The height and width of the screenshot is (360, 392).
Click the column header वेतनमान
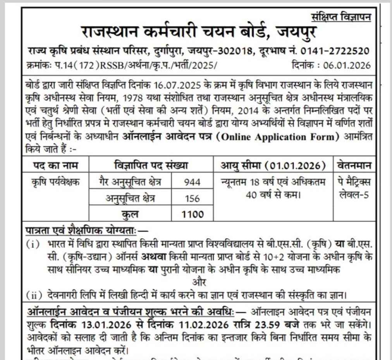(352, 166)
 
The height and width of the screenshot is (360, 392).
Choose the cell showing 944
(192, 183)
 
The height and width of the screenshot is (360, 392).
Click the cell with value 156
(192, 198)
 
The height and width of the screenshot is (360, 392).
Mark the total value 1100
(192, 214)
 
